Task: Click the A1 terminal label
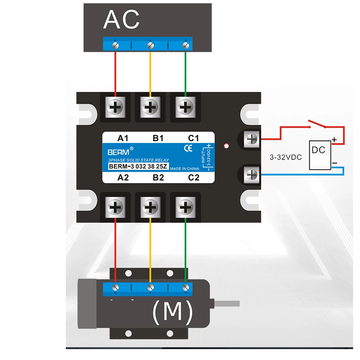(x=123, y=138)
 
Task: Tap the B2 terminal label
(x=158, y=177)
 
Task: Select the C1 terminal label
(x=193, y=138)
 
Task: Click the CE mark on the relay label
(x=188, y=147)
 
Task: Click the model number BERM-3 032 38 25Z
(x=138, y=166)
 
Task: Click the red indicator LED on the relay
(x=226, y=146)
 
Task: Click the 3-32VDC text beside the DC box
(x=286, y=157)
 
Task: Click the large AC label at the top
(x=121, y=20)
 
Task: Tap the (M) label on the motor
(x=172, y=312)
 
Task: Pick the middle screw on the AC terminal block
(x=150, y=45)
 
